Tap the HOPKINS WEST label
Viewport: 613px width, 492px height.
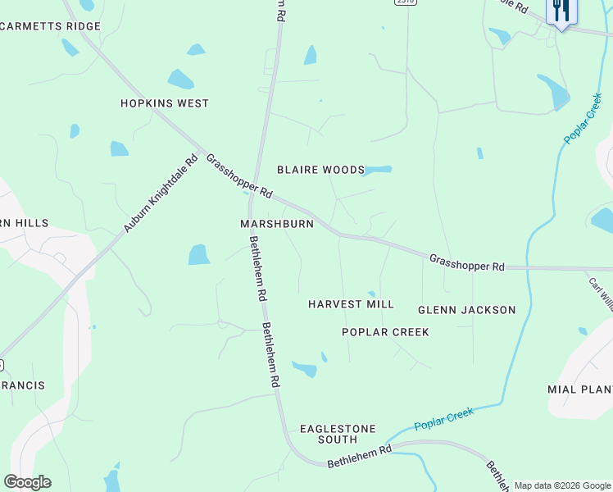[x=165, y=103]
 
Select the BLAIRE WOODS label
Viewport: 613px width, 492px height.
[x=320, y=170]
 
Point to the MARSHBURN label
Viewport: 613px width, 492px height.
[x=277, y=224]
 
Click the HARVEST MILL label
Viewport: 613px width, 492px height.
[x=351, y=304]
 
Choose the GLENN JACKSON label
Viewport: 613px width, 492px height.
[x=466, y=310]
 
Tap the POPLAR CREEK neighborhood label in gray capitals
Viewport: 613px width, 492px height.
[x=385, y=332]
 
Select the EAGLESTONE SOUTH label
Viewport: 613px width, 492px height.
[x=338, y=434]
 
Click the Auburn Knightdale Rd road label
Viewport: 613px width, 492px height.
[x=161, y=193]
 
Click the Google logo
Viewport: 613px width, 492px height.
[x=27, y=482]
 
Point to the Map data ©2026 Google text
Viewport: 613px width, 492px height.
[x=562, y=485]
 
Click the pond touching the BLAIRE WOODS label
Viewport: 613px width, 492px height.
[x=378, y=171]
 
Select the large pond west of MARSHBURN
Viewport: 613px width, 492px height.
[x=199, y=255]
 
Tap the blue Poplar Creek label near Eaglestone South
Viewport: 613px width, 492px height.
[x=443, y=419]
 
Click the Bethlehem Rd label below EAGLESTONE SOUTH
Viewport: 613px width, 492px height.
[x=360, y=457]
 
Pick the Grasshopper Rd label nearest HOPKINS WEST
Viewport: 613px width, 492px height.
[x=238, y=175]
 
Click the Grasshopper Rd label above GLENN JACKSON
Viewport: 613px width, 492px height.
[x=466, y=262]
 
